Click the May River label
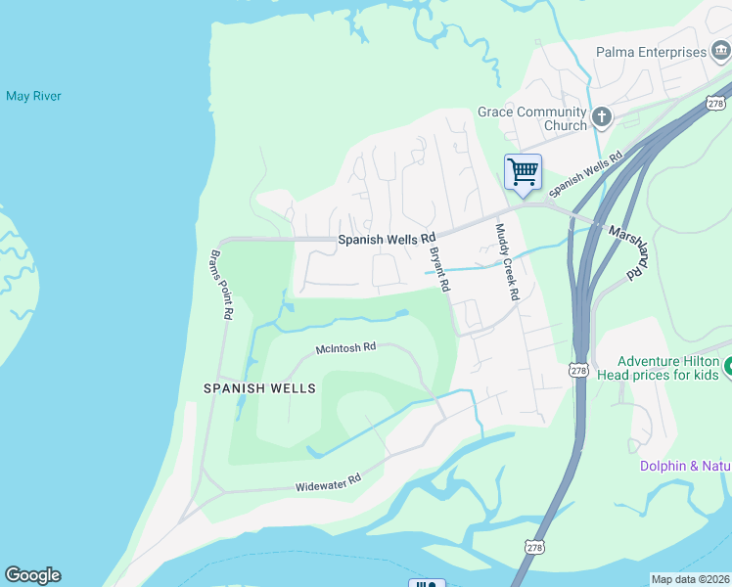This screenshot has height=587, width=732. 33,96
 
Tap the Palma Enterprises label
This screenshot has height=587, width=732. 651,52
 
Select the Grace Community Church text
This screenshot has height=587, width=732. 532,118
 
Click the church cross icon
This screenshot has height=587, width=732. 601,118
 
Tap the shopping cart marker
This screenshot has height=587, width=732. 523,171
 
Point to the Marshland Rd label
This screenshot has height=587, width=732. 629,251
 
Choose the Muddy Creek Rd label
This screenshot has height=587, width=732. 506,261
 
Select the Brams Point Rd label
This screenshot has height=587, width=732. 220,285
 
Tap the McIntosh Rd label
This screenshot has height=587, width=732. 345,348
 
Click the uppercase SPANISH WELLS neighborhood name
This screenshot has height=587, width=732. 259,388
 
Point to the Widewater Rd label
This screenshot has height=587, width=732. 328,482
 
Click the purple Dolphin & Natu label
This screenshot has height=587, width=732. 686,466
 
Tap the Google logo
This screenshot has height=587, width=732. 32,575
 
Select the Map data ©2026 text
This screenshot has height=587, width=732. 690,578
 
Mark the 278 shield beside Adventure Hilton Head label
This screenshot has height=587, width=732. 577,371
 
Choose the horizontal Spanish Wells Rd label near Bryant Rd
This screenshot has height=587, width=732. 387,239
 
